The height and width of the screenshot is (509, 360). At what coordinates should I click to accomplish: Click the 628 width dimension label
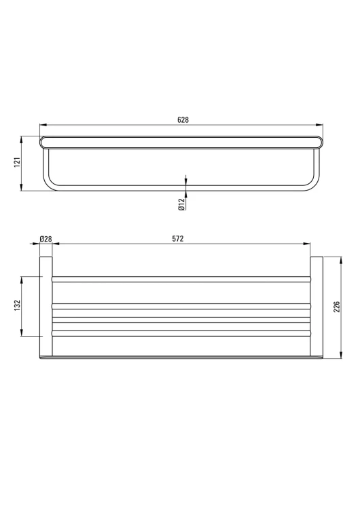pos(183,119)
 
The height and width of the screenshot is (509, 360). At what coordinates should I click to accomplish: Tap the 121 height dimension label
pos(17,162)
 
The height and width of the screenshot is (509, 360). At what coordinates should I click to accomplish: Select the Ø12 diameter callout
pos(181,204)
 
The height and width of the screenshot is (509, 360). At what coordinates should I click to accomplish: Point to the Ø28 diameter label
pos(46,239)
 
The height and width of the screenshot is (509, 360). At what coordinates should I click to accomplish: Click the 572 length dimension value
pos(178,239)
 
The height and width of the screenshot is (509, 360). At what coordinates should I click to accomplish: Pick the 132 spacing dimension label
pos(17,305)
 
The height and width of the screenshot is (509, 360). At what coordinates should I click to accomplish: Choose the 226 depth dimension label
pos(337,307)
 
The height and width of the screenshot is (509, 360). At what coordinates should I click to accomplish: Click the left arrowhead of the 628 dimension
pos(43,124)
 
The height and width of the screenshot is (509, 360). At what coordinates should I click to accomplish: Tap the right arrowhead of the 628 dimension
pos(320,124)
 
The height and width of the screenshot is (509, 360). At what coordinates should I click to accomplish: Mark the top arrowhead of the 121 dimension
pos(21,140)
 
